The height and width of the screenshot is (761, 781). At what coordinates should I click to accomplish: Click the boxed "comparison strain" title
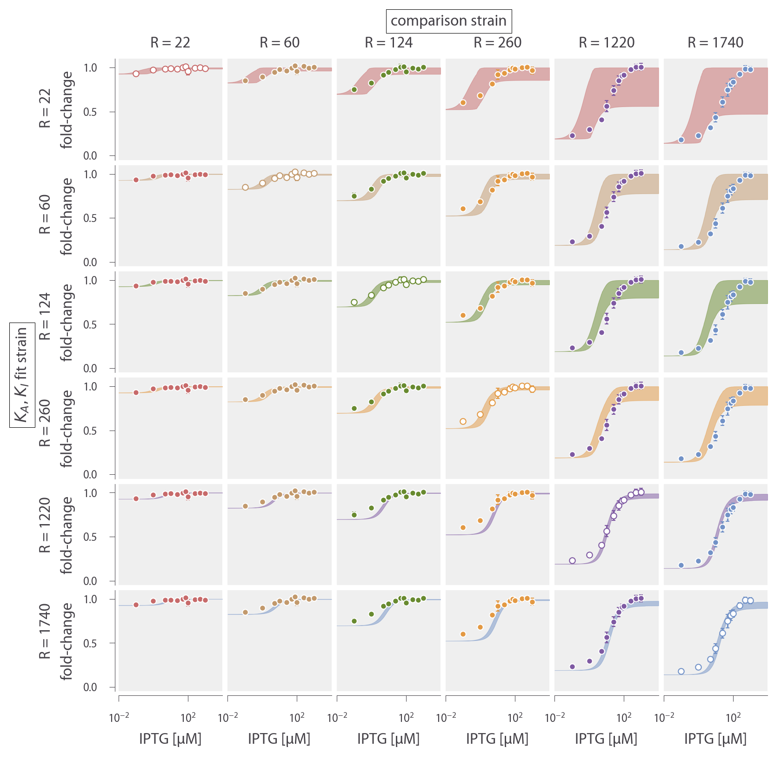point(448,21)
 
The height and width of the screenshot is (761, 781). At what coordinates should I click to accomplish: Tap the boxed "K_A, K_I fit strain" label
point(22,375)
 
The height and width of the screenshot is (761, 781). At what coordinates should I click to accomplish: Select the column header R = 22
point(170,43)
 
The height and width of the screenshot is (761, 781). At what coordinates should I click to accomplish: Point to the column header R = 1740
point(715,43)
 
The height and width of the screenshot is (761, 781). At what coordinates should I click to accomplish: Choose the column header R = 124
point(388,43)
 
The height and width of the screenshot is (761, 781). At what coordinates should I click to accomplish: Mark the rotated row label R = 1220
point(45,525)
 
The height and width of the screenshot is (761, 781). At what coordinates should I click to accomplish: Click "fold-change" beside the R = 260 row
point(67,428)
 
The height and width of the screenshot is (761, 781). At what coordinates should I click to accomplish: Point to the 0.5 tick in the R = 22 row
point(90,112)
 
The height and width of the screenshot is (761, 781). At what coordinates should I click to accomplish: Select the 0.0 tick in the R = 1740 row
point(90,687)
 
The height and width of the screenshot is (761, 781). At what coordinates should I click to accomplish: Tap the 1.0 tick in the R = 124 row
point(90,281)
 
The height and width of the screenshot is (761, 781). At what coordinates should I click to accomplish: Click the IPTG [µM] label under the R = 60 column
point(279,739)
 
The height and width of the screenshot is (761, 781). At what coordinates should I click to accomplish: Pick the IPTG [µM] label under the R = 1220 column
point(606,739)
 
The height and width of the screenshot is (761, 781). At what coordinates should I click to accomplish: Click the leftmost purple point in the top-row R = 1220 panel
point(572,136)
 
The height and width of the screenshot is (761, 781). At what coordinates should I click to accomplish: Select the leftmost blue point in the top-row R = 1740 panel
point(681,140)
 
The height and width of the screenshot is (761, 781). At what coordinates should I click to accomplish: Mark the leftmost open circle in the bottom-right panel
point(681,672)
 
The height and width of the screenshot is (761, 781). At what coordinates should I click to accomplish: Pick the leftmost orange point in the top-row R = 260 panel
point(463,102)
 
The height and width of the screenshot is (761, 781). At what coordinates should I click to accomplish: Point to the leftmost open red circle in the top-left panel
point(136,74)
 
